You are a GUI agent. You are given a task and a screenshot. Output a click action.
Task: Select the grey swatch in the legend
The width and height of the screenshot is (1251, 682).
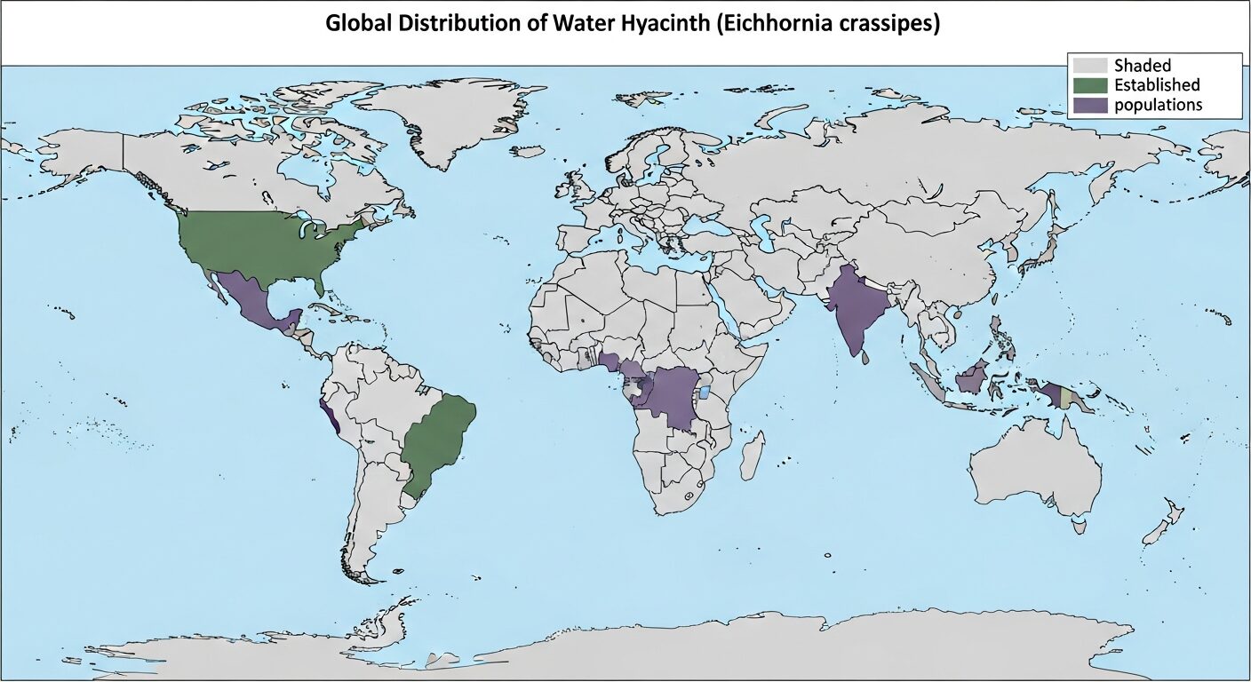pos(1089,66)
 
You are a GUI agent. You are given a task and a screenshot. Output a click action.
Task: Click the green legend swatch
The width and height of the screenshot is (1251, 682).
pos(1089,85)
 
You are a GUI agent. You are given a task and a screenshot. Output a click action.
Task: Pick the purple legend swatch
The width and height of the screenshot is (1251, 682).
pos(1089,105)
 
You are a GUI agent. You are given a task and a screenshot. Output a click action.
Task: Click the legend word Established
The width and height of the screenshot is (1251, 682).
pos(1157,85)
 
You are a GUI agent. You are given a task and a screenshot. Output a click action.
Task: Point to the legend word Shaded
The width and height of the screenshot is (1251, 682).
pos(1143,66)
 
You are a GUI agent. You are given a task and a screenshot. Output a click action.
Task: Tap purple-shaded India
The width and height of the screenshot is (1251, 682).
pos(855,306)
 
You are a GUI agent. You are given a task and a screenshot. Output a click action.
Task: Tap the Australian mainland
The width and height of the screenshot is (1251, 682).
pos(1035,471)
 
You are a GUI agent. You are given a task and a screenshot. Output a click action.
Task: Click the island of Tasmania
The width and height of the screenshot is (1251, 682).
pos(1080,527)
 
